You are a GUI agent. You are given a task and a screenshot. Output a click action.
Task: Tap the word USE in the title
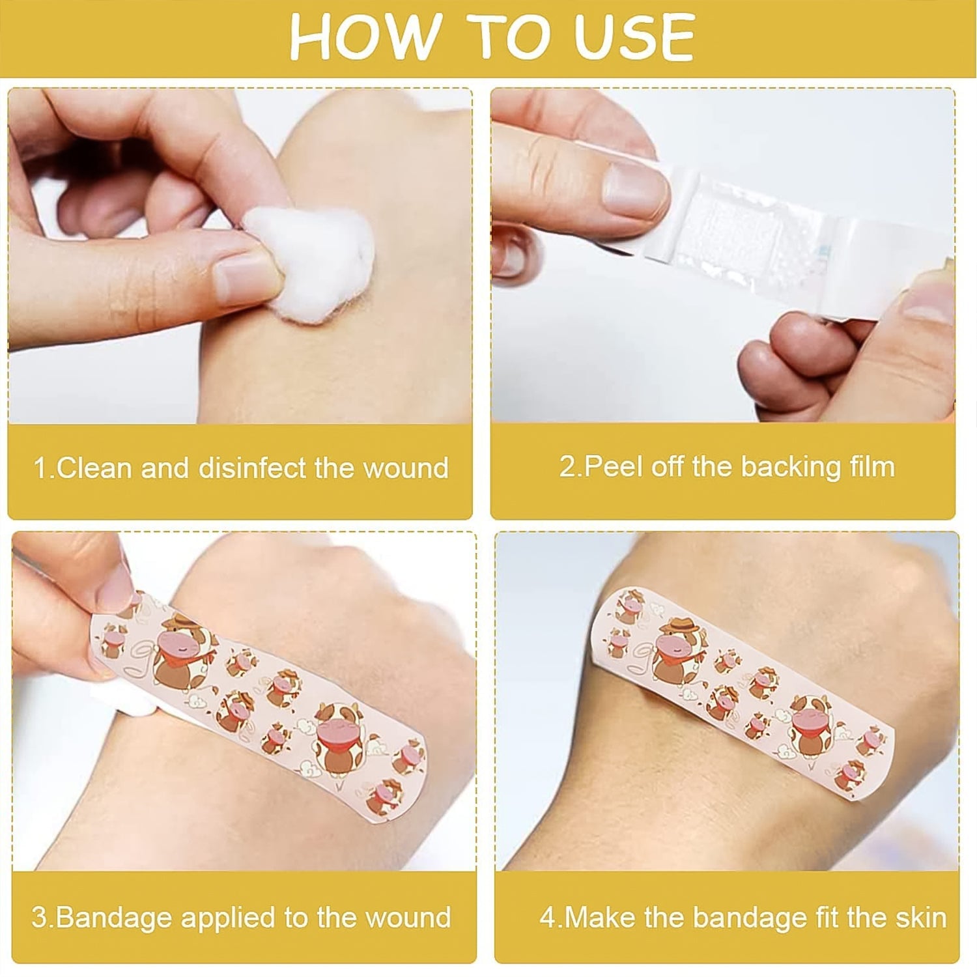coord(635,37)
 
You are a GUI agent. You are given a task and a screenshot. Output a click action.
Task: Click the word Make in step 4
coord(599,918)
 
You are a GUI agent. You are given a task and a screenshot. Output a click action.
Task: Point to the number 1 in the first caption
coord(40,468)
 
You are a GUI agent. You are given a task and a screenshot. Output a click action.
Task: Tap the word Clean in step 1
coord(94,468)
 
